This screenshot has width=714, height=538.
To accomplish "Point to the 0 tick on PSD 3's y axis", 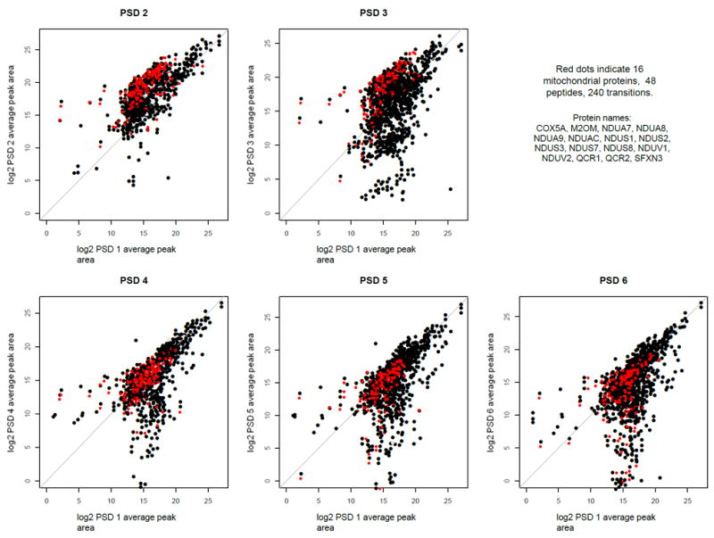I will (x=267, y=214).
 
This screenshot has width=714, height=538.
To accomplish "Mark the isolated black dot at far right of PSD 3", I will (x=451, y=189).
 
